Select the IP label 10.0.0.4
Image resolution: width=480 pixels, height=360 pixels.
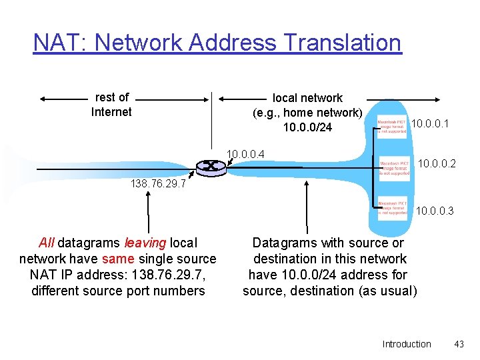pyautogui.click(x=245, y=155)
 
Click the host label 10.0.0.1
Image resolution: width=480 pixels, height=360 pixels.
pyautogui.click(x=430, y=123)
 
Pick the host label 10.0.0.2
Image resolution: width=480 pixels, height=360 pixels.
pyautogui.click(x=437, y=163)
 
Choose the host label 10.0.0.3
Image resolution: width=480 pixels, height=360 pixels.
pyautogui.click(x=435, y=211)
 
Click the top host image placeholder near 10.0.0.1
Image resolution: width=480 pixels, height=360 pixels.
pyautogui.click(x=392, y=127)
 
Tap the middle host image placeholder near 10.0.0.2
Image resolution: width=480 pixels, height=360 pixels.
pyautogui.click(x=394, y=167)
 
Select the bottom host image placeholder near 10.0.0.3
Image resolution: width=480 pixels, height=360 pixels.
pyautogui.click(x=392, y=207)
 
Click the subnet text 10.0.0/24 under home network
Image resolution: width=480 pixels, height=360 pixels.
pyautogui.click(x=307, y=127)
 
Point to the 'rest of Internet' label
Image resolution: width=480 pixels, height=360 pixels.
pyautogui.click(x=111, y=105)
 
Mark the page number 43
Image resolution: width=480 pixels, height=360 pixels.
pyautogui.click(x=458, y=344)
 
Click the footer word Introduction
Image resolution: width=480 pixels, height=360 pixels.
pyautogui.click(x=407, y=344)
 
